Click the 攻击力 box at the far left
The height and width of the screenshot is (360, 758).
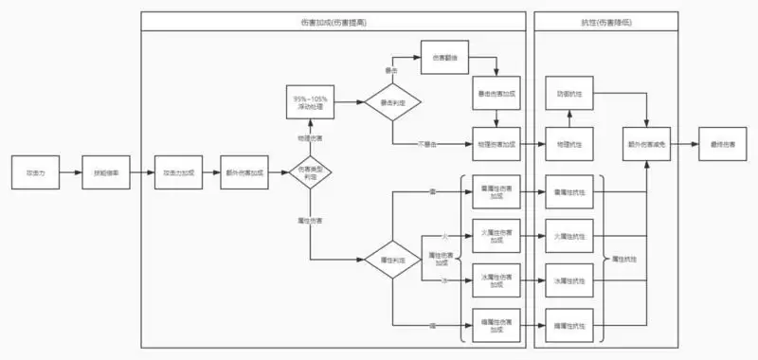[x=35, y=173]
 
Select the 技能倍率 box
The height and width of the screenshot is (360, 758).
[x=105, y=173]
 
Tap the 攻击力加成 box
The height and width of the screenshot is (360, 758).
[x=178, y=173]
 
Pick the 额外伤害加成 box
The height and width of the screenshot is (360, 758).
[x=244, y=173]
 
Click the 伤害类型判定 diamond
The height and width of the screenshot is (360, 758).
[x=310, y=173]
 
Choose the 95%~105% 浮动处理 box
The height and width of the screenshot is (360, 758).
[x=310, y=102]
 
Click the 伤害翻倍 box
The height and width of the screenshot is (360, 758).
[x=445, y=59]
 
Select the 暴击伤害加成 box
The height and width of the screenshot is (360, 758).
[x=496, y=94]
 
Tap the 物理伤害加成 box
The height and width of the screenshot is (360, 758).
[x=496, y=144]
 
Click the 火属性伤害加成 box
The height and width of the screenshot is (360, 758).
[x=496, y=237]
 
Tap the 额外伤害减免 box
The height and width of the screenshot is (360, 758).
[x=647, y=144]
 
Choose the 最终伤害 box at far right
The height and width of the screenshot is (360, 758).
[x=722, y=144]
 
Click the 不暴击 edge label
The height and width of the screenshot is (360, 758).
[x=428, y=145]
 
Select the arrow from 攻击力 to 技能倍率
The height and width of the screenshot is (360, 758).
[x=70, y=173]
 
